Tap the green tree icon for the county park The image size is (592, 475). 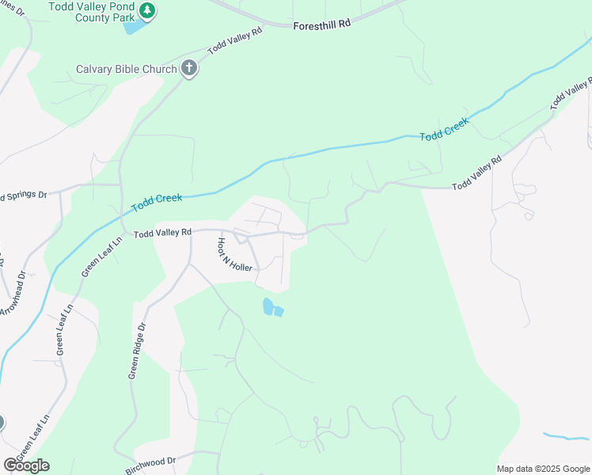146,10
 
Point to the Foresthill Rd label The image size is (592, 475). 321,25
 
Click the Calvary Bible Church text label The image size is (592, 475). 126,69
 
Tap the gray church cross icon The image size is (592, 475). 188,68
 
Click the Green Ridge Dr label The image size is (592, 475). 138,349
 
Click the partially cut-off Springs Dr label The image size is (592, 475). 24,195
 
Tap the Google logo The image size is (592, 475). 26,465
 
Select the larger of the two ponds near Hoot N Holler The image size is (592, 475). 268,306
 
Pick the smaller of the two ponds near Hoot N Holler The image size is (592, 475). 279,311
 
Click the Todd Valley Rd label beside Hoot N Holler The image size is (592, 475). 162,234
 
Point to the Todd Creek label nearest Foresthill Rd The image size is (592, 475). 444,130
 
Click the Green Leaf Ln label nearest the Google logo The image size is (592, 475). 32,437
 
